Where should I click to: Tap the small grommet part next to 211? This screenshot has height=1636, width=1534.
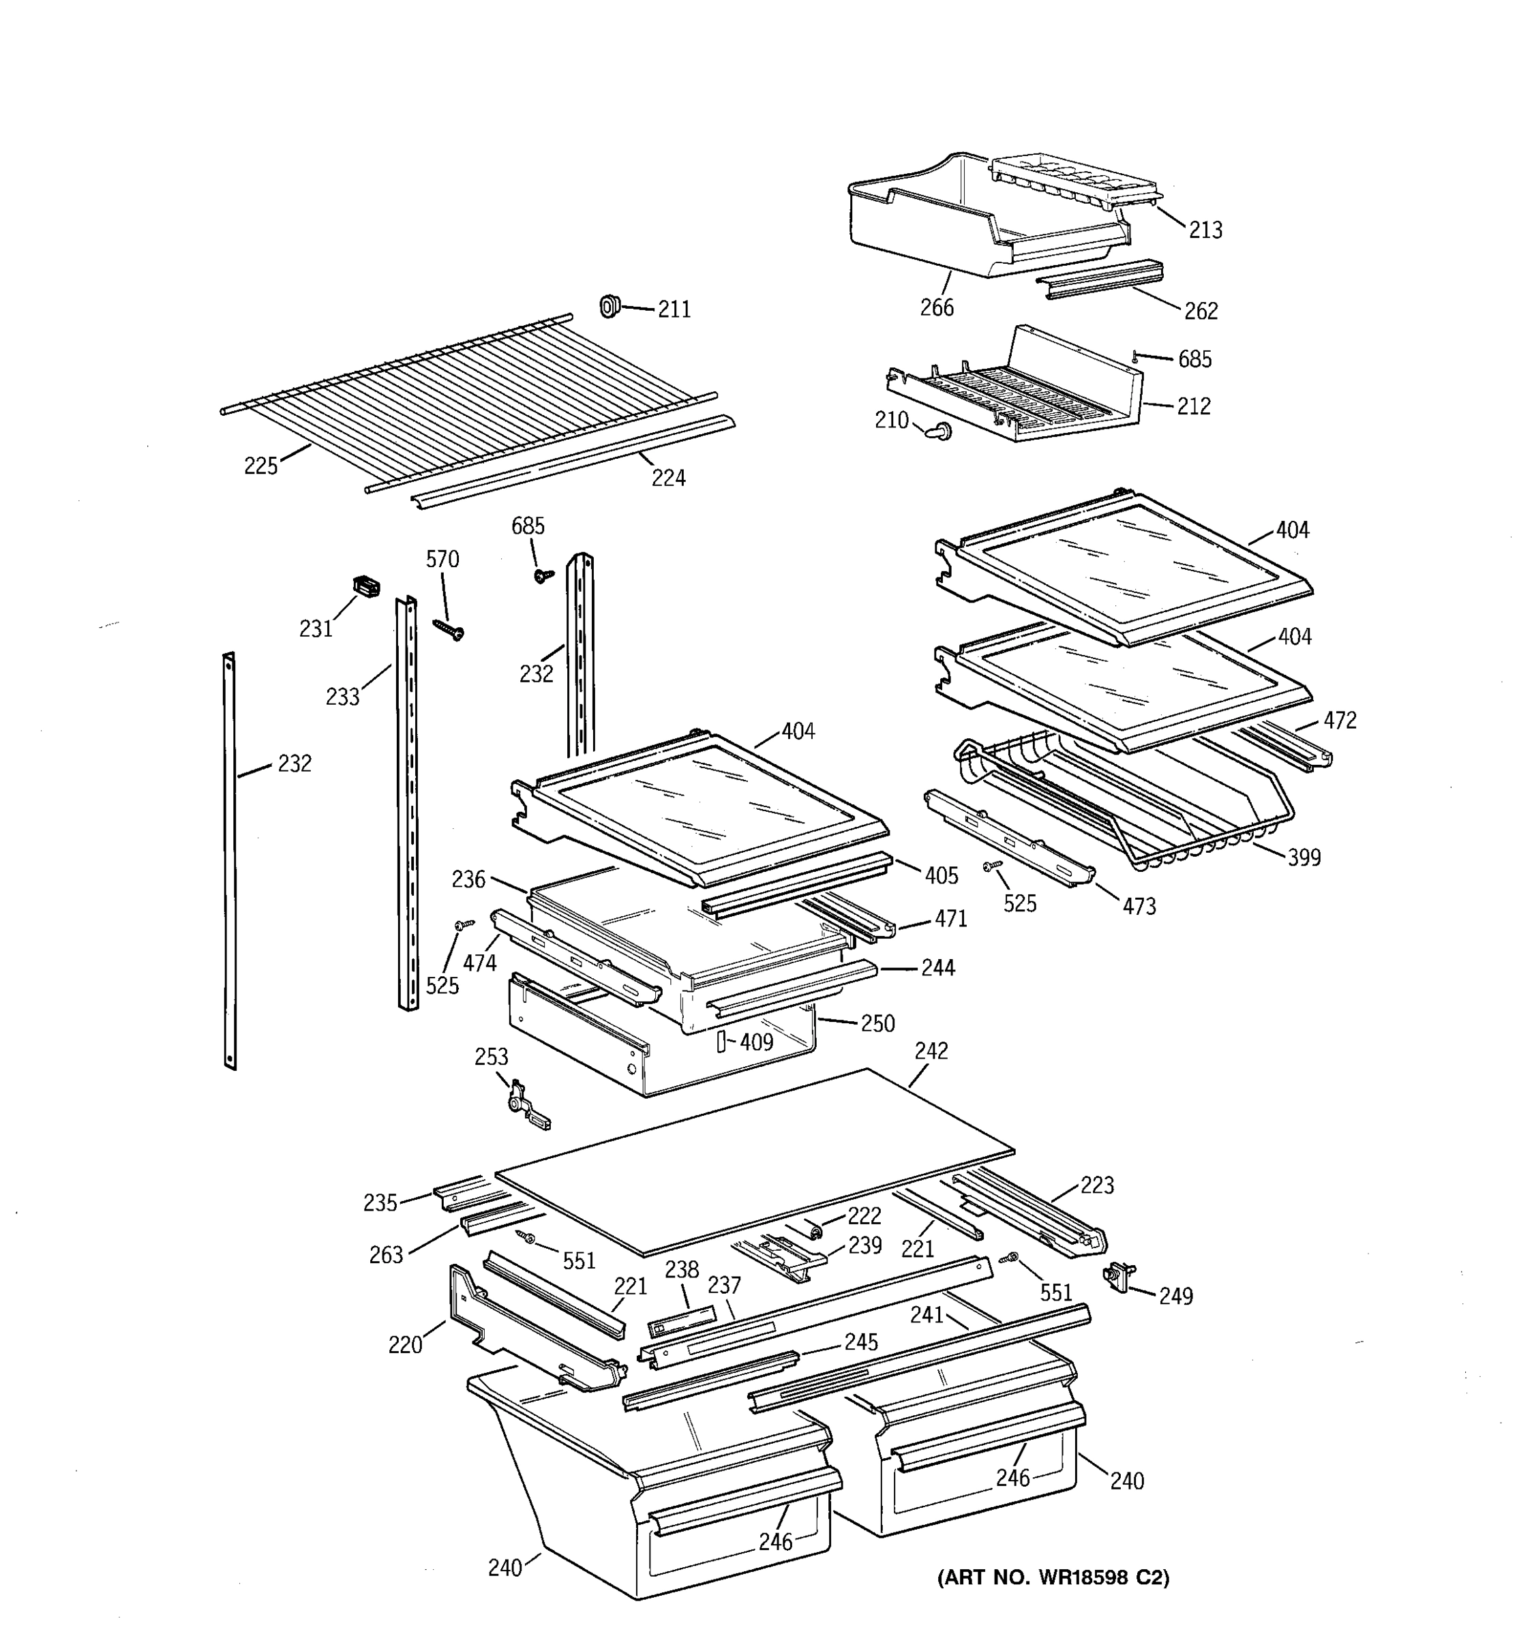(609, 306)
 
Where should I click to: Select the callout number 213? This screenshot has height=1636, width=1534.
(1205, 230)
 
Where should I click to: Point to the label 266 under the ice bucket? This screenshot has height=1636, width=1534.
(937, 308)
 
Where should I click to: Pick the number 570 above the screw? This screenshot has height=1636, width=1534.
(442, 560)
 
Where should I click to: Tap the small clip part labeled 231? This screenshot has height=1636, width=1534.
(366, 587)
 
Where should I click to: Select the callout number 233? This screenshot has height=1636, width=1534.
(342, 698)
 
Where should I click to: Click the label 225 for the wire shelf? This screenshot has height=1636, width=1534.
(261, 467)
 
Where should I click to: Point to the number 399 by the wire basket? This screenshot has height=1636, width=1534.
(1304, 858)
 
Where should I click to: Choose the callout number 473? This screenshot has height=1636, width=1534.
(1139, 907)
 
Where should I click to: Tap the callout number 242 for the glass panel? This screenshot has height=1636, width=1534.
(931, 1051)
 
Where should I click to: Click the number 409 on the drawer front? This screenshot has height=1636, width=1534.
(755, 1043)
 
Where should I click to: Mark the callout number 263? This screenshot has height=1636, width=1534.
(386, 1255)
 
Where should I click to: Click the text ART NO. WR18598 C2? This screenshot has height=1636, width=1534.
(1053, 1577)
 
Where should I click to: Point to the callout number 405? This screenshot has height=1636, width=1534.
(942, 876)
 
